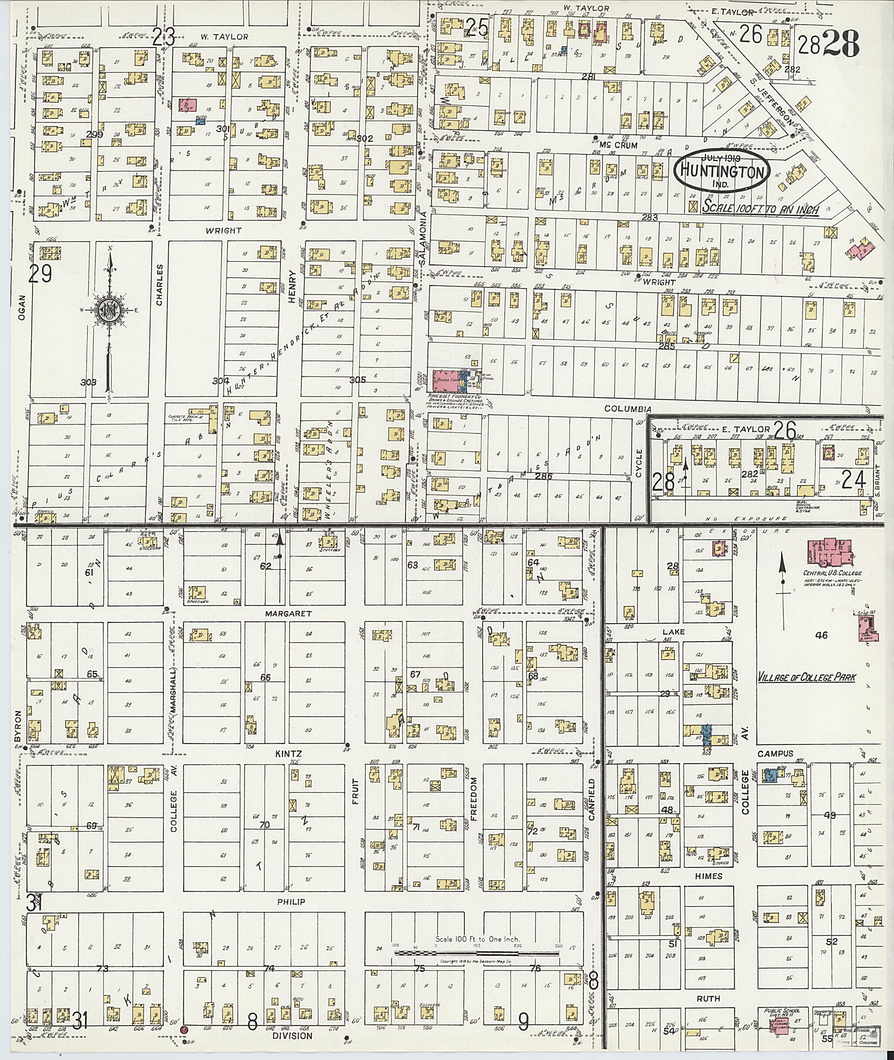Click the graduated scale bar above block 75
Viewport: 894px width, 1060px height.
476,953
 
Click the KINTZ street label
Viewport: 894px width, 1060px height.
289,754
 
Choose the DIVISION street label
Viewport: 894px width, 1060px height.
292,1036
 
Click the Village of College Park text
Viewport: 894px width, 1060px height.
807,677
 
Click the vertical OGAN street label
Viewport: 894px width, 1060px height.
21,308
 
